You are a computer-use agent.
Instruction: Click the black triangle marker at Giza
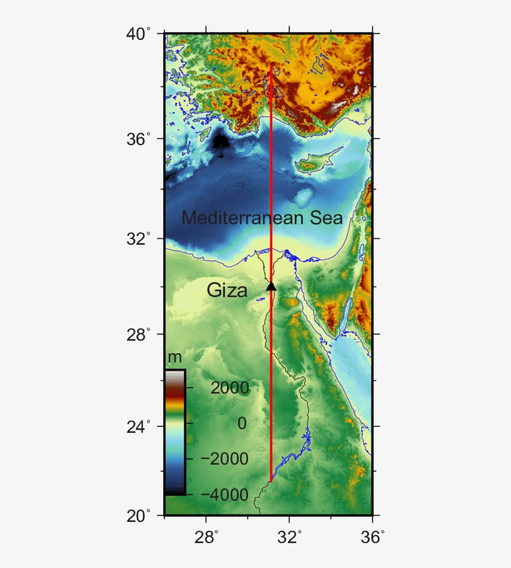point(271,286)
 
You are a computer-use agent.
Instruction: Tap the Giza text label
point(227,290)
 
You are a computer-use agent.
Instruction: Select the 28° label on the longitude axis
point(208,537)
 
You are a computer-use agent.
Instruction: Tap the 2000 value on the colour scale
point(230,388)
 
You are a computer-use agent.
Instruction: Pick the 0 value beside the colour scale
point(242,424)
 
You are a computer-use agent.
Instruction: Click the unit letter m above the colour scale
point(175,357)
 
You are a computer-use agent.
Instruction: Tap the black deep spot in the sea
point(221,142)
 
